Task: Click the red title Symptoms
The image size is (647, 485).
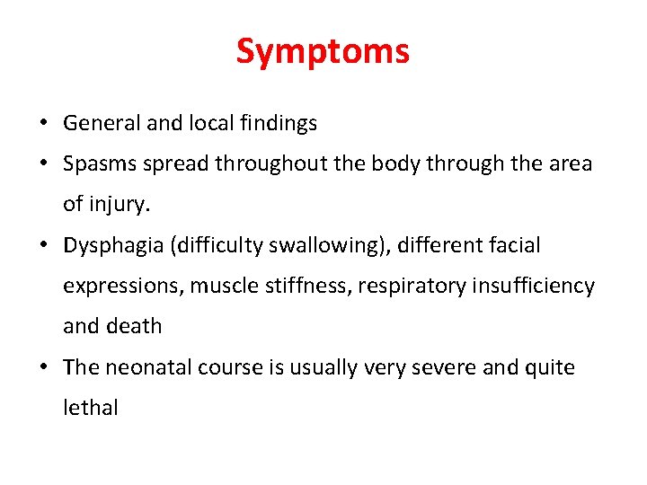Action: (323, 51)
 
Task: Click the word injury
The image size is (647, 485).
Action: (120, 204)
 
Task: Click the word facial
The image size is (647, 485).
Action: (516, 245)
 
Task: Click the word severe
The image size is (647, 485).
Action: (441, 367)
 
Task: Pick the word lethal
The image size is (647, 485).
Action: (90, 408)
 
